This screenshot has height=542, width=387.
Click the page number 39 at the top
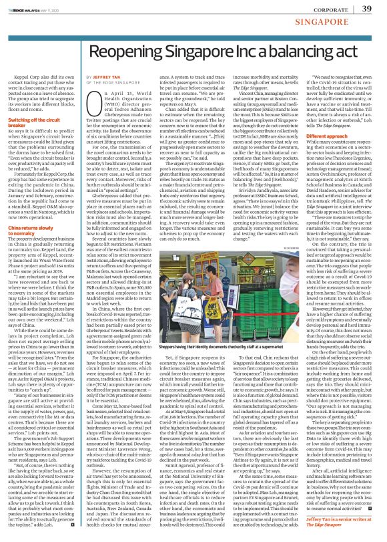click(x=366, y=9)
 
